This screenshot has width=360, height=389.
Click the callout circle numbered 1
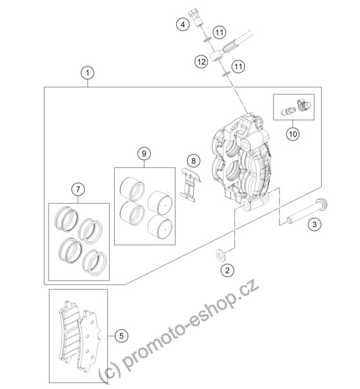87,73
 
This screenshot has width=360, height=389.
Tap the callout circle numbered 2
227,270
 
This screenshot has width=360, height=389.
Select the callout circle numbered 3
314,224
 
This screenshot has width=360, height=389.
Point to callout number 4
183,25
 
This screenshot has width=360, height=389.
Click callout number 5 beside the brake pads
121,336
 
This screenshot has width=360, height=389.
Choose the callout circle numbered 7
78,190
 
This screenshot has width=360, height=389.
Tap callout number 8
194,161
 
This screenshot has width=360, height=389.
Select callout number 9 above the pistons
144,154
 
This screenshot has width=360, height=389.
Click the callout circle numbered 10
293,134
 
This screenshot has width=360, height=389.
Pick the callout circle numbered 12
201,61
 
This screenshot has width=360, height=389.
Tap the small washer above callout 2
221,255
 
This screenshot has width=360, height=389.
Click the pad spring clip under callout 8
190,184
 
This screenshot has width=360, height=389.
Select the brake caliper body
242,161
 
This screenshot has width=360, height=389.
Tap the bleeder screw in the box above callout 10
288,112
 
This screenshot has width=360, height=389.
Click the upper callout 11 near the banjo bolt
219,32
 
